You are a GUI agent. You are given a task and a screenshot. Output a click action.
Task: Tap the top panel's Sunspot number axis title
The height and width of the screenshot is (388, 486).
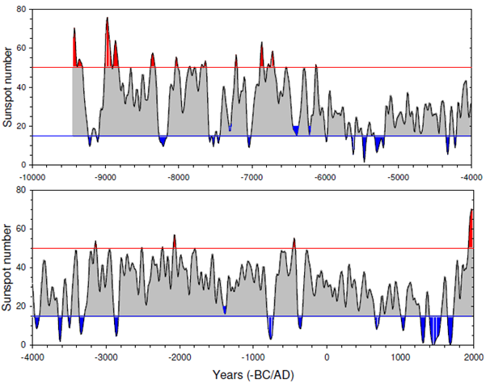click(8, 87)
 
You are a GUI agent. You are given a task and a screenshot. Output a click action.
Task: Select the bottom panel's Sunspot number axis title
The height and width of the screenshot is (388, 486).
click(8, 268)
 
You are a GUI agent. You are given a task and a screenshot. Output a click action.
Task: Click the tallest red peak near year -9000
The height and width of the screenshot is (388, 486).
click(107, 19)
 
